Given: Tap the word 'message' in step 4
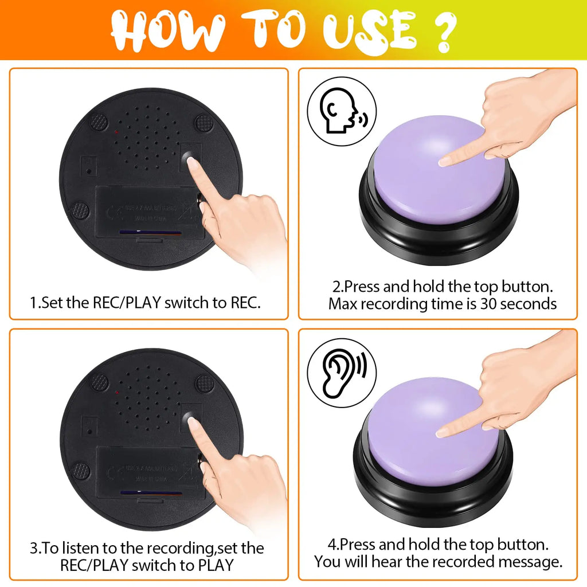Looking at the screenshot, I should pos(526,562).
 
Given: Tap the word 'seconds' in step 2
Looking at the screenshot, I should pos(528,303).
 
